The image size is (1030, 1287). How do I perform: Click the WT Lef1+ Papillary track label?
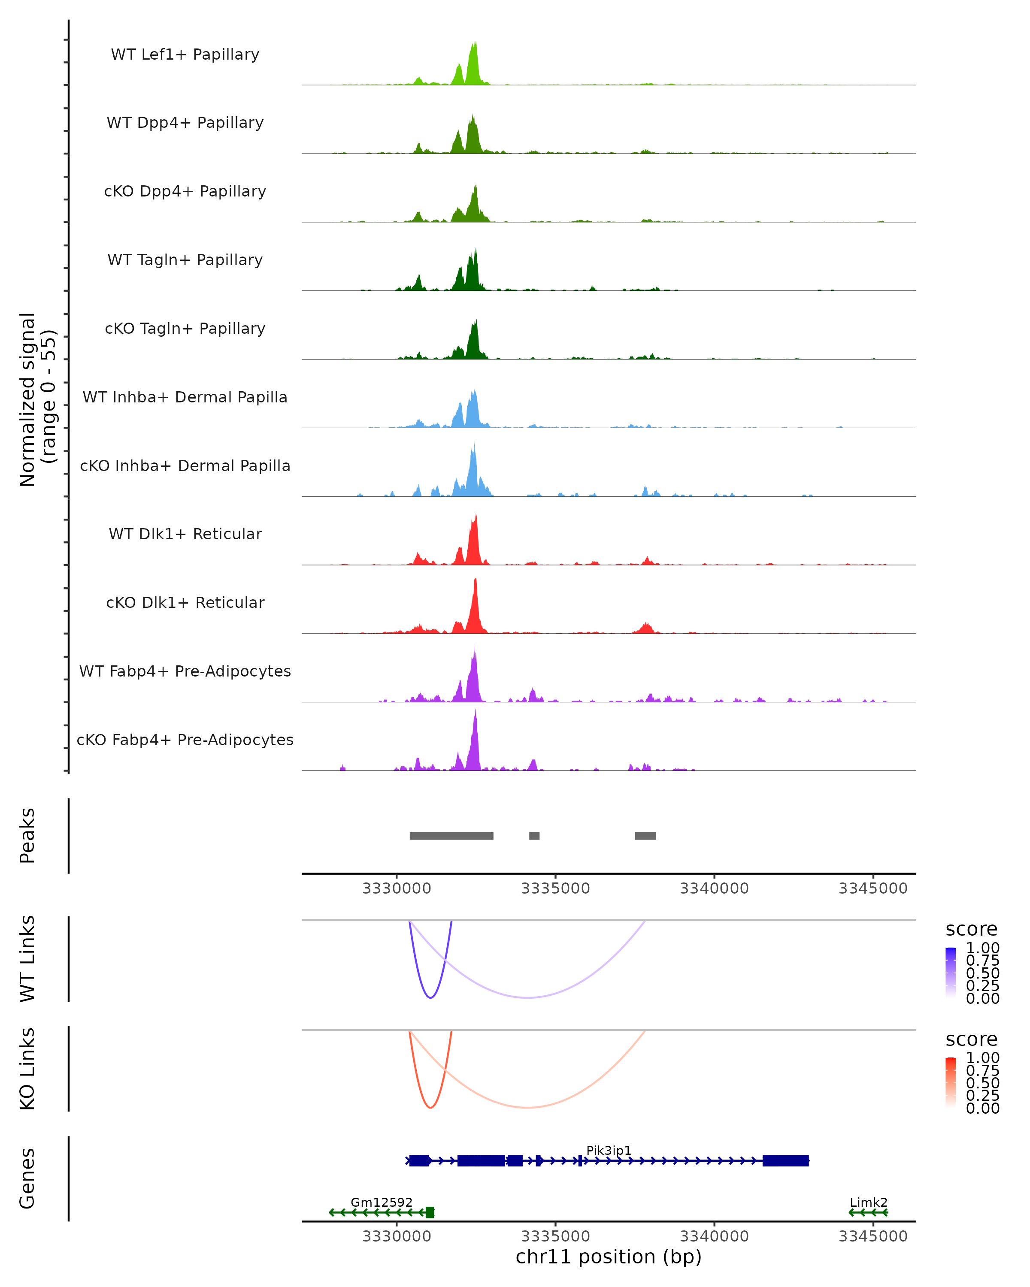tap(185, 54)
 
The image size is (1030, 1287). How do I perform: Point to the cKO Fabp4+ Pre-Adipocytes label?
tap(185, 740)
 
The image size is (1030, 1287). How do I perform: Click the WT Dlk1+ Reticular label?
tap(185, 534)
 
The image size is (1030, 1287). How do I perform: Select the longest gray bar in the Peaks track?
tap(451, 836)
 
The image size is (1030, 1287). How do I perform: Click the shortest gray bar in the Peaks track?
tap(534, 836)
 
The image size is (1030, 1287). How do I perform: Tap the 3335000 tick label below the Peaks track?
tap(555, 888)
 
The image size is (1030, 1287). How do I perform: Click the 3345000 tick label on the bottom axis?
tap(872, 1236)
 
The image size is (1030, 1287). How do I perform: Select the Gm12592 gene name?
tap(382, 1202)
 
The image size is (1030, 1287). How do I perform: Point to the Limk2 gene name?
tap(869, 1202)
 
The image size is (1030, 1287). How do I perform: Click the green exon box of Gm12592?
tap(430, 1212)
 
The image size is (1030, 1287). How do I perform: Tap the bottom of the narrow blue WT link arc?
tap(430, 997)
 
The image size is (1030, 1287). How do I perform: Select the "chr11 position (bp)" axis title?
tap(609, 1257)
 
